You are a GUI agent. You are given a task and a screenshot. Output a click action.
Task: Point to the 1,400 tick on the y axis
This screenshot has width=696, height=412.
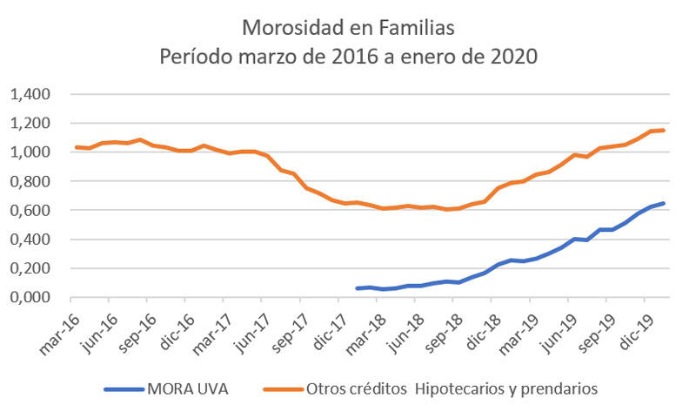[x=32, y=94]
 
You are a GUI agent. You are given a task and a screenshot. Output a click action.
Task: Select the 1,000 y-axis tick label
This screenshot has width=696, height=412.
[x=32, y=152]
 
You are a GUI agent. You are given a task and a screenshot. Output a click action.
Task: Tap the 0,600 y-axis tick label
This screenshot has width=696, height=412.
[x=32, y=210]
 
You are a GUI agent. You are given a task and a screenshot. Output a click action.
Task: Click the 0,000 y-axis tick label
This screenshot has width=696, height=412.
[x=32, y=297]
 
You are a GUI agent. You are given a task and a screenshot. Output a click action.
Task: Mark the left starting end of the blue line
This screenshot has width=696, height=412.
[x=358, y=288]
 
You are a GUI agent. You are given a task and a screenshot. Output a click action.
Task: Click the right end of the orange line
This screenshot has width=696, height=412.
[x=665, y=131]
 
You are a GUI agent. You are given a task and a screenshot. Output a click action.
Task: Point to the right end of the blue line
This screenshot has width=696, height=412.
[x=665, y=204]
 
